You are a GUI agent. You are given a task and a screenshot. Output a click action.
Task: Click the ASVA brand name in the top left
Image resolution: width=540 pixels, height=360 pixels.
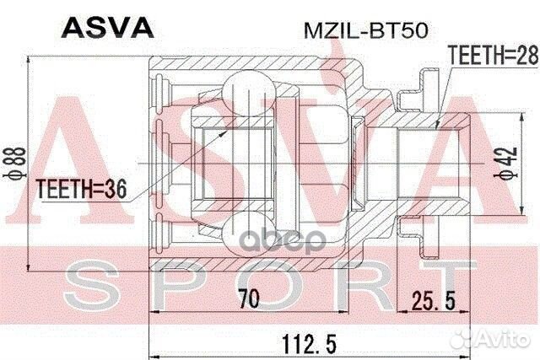pyautogui.click(x=107, y=28)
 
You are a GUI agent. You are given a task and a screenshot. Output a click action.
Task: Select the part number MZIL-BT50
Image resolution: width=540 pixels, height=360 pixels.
pyautogui.click(x=365, y=30)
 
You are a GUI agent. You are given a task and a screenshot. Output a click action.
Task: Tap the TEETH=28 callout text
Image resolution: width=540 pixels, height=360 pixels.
pyautogui.click(x=494, y=55)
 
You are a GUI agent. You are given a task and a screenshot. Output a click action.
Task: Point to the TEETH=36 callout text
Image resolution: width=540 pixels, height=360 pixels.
pyautogui.click(x=82, y=189)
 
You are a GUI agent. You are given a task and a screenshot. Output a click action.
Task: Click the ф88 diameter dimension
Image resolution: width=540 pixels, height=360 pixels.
pyautogui.click(x=14, y=163)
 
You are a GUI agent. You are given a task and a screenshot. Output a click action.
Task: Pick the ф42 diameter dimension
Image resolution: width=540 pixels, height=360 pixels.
pyautogui.click(x=506, y=163)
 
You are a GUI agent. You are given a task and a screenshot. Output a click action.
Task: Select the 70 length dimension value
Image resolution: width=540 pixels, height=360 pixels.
pyautogui.click(x=250, y=298)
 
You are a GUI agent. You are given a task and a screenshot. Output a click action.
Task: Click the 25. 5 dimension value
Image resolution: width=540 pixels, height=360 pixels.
pyautogui.click(x=434, y=300)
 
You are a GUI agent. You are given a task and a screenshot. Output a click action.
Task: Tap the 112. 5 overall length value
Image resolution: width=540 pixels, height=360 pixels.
pyautogui.click(x=309, y=344)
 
